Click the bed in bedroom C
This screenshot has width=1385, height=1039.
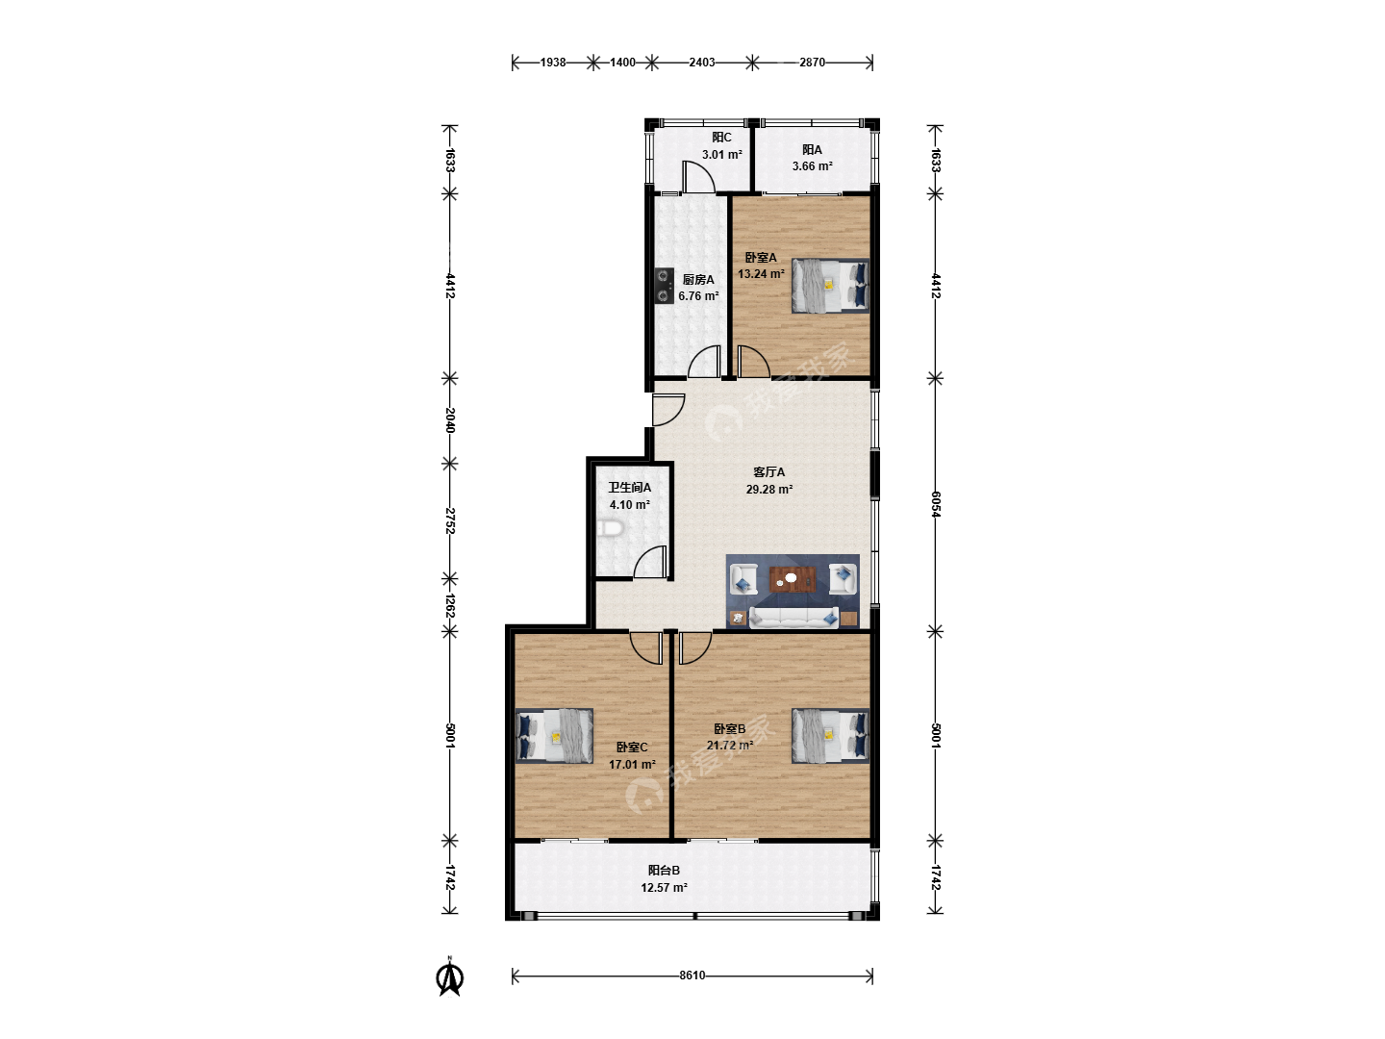click(x=555, y=736)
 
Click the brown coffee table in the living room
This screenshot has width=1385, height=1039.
click(x=793, y=579)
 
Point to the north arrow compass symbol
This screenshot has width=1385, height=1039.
click(x=450, y=977)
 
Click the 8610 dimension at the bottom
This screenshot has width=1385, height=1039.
click(x=692, y=976)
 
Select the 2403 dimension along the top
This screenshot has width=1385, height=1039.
click(x=702, y=63)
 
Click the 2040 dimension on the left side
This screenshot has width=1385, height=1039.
click(x=450, y=420)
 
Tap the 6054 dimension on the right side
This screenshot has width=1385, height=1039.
click(x=935, y=504)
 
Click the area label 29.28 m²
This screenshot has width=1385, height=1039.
click(x=769, y=489)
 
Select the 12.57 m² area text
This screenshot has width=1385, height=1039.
click(x=664, y=888)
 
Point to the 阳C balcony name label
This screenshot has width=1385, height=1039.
click(x=722, y=138)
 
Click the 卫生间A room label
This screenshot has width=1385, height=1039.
click(x=630, y=488)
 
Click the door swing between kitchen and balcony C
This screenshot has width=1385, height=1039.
click(x=698, y=177)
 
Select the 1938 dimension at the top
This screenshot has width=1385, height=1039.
click(x=553, y=63)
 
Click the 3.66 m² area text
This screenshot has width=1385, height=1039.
click(x=812, y=166)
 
